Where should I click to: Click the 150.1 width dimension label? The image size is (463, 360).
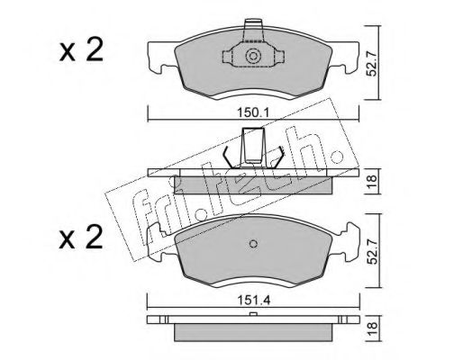254,113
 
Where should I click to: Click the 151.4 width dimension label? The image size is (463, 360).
254,300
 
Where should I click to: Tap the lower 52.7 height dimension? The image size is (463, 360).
372,251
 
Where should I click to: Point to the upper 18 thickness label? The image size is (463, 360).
372,181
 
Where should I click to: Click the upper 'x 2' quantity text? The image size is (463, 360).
81,51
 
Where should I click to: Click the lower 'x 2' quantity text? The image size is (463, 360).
81,238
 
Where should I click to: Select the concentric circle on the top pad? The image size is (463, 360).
252,56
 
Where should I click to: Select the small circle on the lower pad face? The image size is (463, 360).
254,244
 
